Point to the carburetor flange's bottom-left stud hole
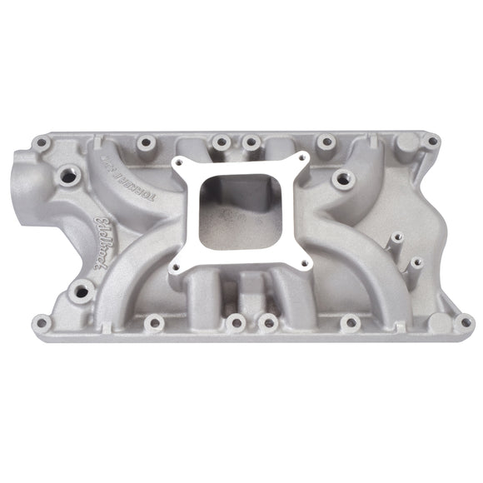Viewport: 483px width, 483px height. point(176,269)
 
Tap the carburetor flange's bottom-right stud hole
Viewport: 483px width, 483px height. point(304,265)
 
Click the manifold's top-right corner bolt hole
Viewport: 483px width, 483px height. point(431,142)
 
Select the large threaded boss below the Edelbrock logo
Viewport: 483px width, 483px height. point(82,289)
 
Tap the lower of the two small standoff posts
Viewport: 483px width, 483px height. point(416,262)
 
